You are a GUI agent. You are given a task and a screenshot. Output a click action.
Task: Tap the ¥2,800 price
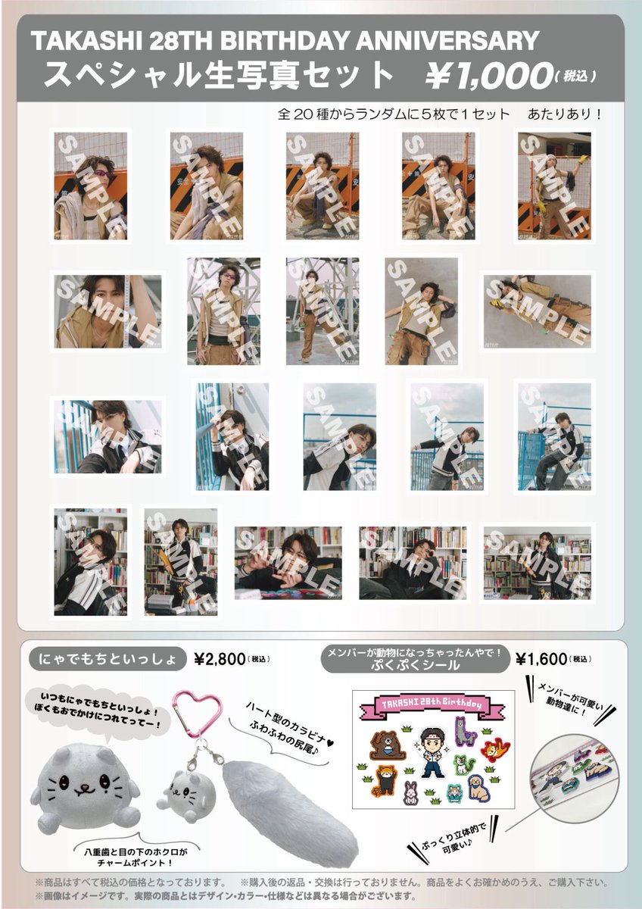point(220,658)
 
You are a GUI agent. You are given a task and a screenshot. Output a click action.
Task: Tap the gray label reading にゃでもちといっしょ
point(108,659)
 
